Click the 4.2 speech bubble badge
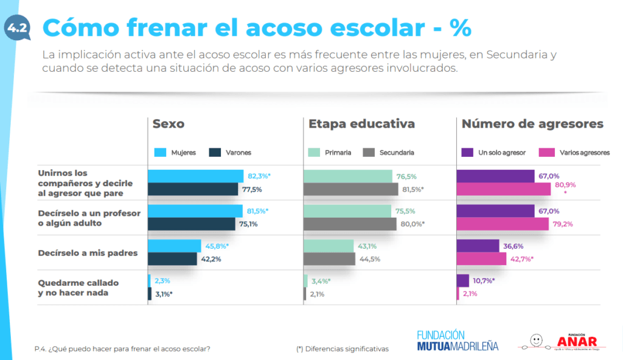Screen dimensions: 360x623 pos(16,28)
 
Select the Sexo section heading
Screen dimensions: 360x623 pos(169,124)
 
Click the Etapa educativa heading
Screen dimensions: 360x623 pos(361,124)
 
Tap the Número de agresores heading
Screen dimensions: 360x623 pos(532,124)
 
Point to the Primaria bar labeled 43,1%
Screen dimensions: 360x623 pos(329,246)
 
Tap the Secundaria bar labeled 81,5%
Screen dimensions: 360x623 pos(351,189)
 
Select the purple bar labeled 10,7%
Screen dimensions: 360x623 pos(463,280)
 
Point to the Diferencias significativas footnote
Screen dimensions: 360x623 pos(342,349)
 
